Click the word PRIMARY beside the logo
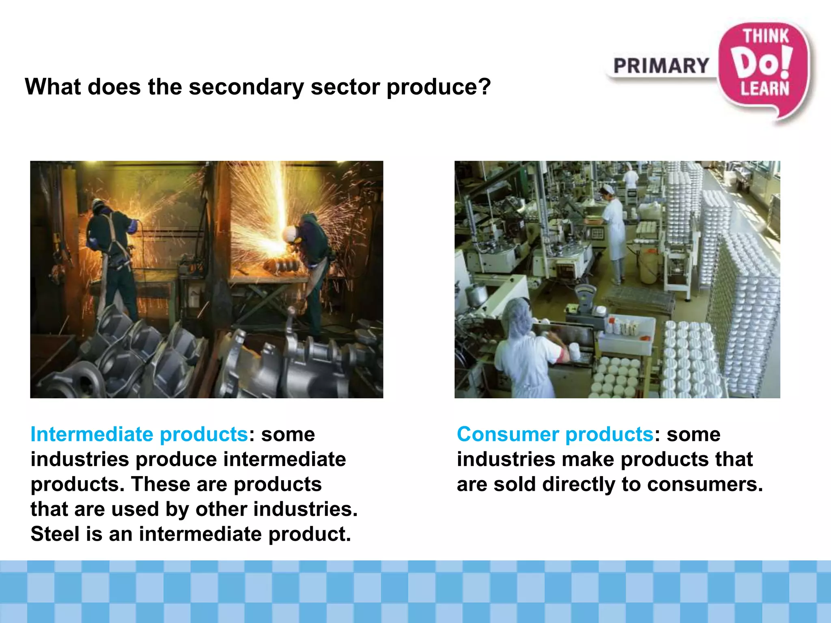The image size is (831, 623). pos(661,66)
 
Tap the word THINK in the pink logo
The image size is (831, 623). pos(766,37)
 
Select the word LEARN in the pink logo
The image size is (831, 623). pos(764,89)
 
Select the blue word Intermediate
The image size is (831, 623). pos(91,434)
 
